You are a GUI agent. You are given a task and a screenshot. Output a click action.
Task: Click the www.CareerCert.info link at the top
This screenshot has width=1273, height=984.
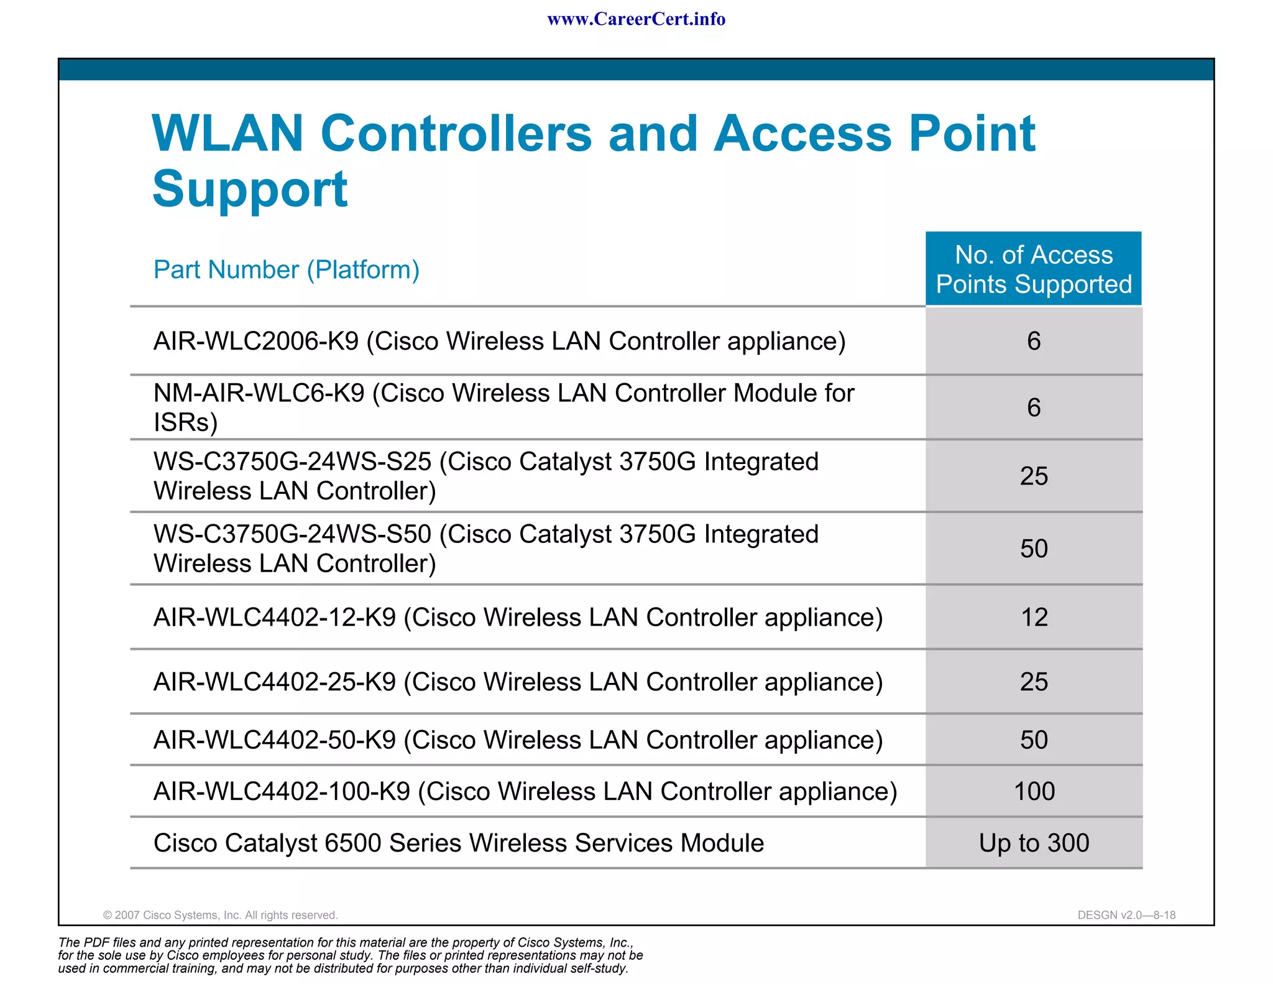pyautogui.click(x=636, y=19)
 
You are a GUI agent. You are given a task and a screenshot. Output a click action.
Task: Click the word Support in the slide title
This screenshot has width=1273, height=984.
pyautogui.click(x=250, y=189)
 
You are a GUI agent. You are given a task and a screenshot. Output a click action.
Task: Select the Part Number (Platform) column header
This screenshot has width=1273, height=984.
pyautogui.click(x=287, y=270)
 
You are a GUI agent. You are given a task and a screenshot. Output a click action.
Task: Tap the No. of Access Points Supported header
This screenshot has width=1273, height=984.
pyautogui.click(x=1034, y=269)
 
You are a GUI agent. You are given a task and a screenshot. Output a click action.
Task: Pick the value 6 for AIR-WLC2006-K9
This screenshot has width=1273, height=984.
pyautogui.click(x=1034, y=341)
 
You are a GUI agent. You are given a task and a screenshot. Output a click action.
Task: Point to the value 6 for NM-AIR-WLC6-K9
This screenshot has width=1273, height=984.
pyautogui.click(x=1034, y=407)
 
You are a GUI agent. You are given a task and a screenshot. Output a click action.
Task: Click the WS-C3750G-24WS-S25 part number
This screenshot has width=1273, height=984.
pyautogui.click(x=292, y=462)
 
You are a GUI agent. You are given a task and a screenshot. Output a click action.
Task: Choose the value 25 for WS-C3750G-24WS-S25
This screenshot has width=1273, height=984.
pyautogui.click(x=1034, y=476)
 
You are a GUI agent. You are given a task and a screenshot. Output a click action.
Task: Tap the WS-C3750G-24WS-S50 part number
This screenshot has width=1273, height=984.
pyautogui.click(x=292, y=534)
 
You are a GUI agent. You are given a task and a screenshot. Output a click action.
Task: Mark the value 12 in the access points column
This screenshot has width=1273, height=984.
pyautogui.click(x=1034, y=617)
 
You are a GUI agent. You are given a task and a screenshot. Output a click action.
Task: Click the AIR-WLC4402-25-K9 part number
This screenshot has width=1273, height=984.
pyautogui.click(x=275, y=682)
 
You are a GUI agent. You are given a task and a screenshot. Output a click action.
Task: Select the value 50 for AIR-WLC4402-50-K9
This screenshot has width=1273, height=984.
pyautogui.click(x=1034, y=740)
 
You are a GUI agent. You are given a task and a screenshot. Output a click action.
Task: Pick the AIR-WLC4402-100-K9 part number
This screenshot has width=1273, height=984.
pyautogui.click(x=282, y=791)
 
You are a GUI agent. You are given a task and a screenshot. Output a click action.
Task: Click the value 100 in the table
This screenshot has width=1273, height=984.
pyautogui.click(x=1034, y=791)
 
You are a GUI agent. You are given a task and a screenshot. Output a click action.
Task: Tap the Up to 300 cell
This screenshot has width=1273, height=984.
pyautogui.click(x=1034, y=843)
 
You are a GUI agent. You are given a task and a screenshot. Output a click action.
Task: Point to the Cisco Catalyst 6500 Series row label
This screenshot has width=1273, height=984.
pyautogui.click(x=458, y=843)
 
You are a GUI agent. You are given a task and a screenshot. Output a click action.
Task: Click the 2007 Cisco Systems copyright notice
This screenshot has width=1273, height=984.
pyautogui.click(x=220, y=915)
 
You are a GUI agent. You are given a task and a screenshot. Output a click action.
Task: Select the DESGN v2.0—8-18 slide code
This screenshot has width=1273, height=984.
pyautogui.click(x=1126, y=915)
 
